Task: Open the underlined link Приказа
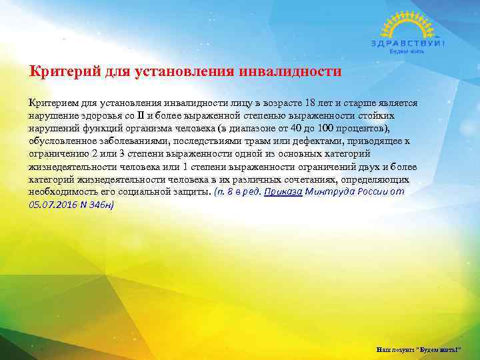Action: tap(283, 191)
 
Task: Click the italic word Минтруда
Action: tap(326, 191)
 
